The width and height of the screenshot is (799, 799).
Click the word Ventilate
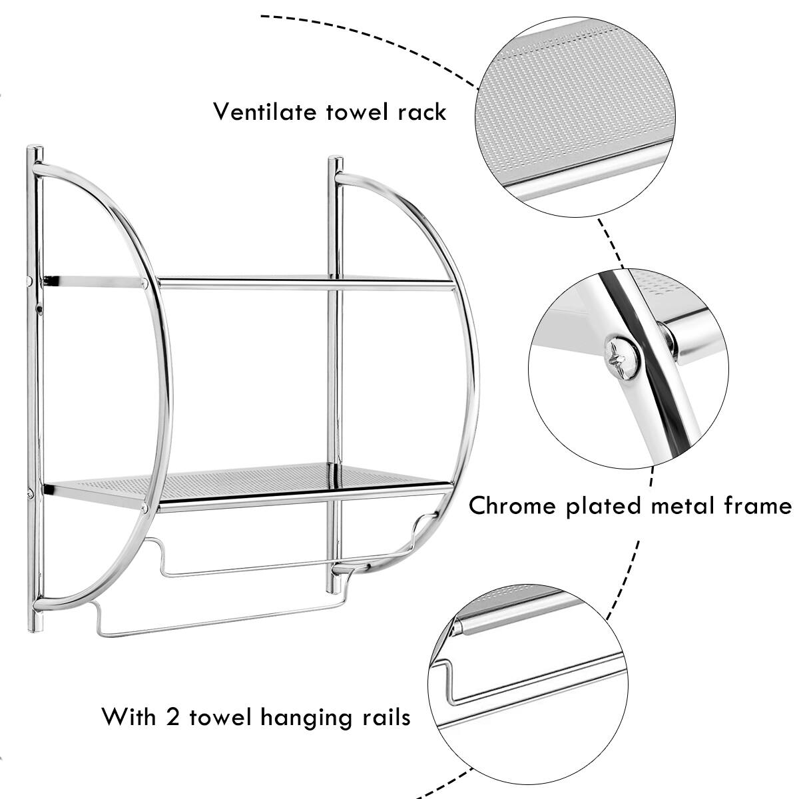[x=264, y=111]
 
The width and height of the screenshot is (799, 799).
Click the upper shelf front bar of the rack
[x=306, y=285]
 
